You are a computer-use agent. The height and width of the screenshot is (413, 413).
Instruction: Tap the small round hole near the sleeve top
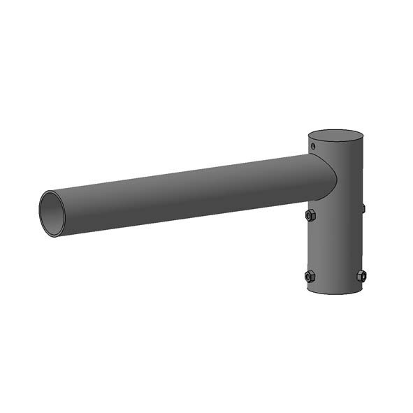coord(314,146)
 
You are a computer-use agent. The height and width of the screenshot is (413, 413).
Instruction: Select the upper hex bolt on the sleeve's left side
coord(310,216)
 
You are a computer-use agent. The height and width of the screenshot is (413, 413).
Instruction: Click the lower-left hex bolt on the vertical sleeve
coord(310,276)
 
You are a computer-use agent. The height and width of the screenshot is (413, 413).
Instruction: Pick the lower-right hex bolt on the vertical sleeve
coord(361,275)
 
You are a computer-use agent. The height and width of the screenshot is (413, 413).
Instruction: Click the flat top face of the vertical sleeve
coord(336,136)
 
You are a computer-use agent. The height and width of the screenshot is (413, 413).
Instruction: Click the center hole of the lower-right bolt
coord(361,275)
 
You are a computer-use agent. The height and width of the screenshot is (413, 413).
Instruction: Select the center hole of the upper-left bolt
coord(310,216)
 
